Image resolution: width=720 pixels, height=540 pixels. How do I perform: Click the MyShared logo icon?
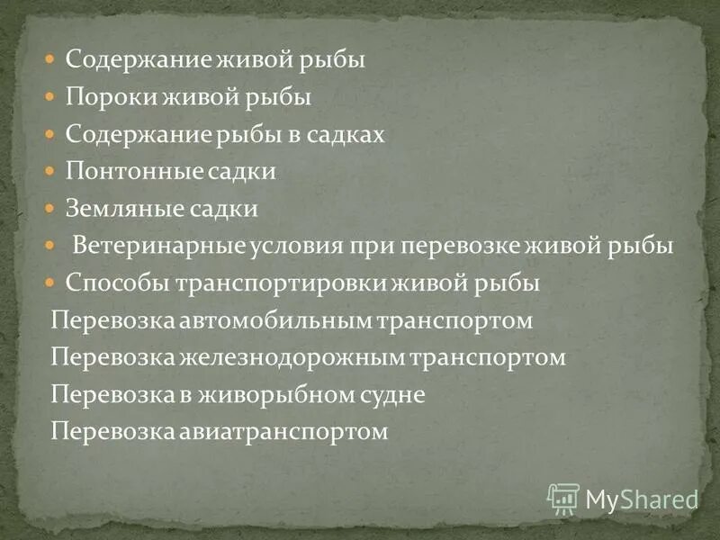click(562, 497)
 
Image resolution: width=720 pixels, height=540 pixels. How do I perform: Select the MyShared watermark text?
click(641, 498)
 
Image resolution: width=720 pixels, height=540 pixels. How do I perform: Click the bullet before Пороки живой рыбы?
click(52, 97)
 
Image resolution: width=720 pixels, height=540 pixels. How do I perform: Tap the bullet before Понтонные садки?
click(52, 171)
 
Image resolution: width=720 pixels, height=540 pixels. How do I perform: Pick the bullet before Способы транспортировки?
click(52, 283)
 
